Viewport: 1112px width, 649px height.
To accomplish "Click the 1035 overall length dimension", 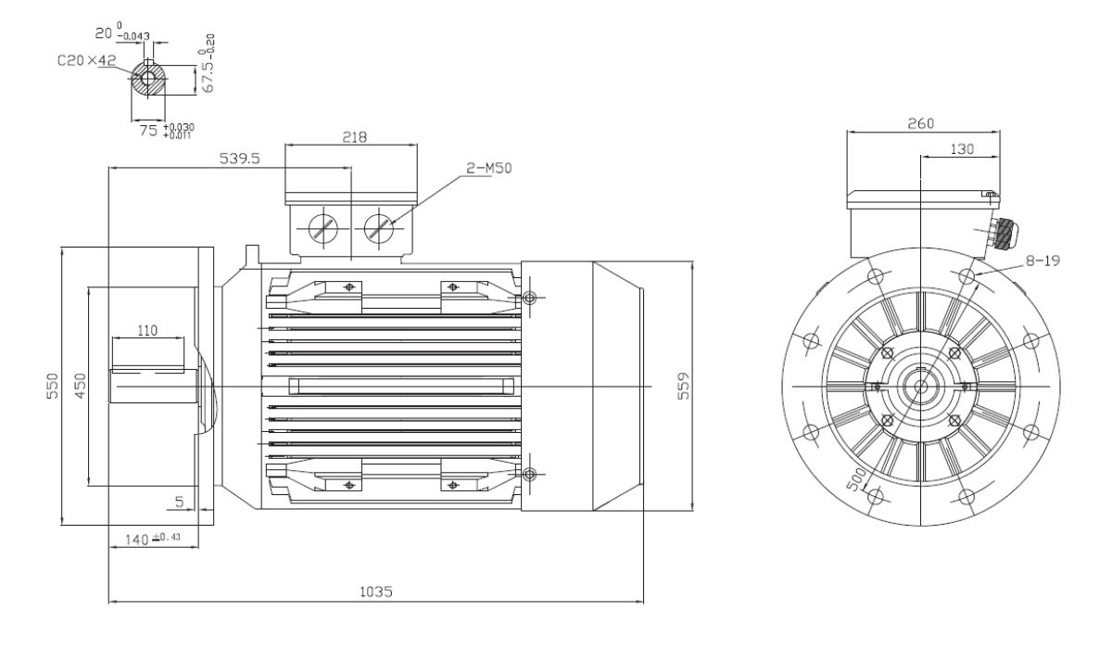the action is tap(376, 592).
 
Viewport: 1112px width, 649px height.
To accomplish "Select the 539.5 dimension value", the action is tap(240, 159).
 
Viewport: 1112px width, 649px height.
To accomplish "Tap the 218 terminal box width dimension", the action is tap(354, 137).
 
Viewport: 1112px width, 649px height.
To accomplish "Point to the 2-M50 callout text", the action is tap(488, 168).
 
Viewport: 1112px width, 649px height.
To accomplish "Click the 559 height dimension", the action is tap(684, 386).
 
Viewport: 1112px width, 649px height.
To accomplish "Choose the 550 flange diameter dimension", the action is tap(52, 386).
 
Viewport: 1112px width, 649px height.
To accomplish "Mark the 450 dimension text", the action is tap(80, 386).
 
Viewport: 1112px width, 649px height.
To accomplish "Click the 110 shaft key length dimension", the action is tap(147, 330).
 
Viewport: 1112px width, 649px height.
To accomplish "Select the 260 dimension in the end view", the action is tap(921, 123).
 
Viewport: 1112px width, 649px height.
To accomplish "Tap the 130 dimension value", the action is tap(962, 149).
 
